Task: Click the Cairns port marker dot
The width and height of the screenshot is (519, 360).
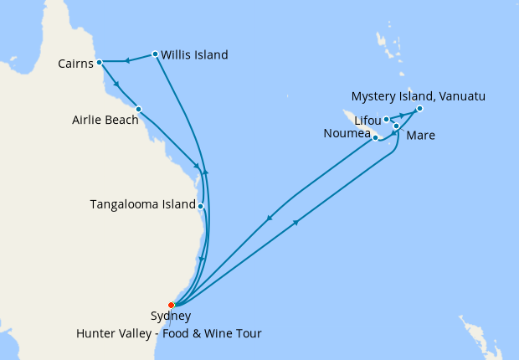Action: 99,62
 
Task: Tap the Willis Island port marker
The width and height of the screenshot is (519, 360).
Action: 155,55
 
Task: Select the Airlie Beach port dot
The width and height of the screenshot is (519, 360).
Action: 138,109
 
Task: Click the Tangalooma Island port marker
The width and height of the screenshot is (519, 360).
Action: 201,205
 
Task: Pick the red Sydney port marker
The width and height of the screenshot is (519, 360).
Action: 172,305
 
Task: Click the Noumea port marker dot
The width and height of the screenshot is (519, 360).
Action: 376,137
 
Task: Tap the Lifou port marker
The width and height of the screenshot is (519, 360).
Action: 386,119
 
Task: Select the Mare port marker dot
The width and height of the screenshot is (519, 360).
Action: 396,126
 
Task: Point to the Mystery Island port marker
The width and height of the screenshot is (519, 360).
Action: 419,109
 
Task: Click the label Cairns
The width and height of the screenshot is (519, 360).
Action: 75,64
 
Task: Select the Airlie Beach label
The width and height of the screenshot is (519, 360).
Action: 102,120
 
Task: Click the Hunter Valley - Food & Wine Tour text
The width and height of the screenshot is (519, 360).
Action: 169,334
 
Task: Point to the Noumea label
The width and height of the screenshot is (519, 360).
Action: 347,134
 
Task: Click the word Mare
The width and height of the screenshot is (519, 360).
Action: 420,135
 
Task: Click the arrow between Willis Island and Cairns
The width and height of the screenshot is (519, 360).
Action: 127,59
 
